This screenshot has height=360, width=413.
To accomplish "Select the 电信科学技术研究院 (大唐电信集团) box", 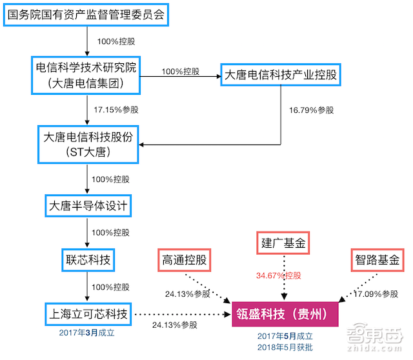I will (88, 75).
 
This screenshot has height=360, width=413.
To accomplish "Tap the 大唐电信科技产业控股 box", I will (279, 75).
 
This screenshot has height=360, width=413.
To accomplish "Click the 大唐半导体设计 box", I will (88, 206).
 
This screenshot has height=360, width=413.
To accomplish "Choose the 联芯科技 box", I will (88, 260).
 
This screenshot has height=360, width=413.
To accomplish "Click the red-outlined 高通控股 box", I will (184, 261).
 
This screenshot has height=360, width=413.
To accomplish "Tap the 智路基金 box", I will (377, 261).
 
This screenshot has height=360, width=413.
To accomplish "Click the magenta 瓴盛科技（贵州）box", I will (285, 315).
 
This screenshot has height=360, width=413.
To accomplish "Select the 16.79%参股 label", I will (311, 110).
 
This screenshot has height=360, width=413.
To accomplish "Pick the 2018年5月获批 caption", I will (285, 347).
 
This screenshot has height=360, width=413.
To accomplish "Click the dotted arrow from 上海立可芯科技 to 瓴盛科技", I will (181, 315).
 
